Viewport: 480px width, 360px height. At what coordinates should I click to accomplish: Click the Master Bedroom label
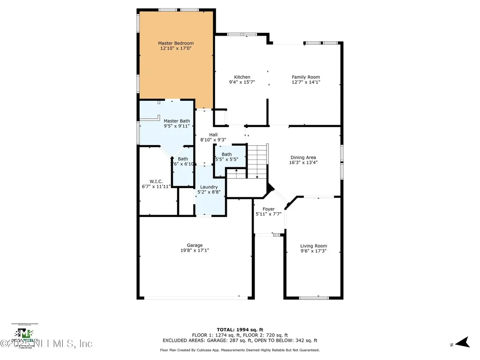click(x=176, y=43)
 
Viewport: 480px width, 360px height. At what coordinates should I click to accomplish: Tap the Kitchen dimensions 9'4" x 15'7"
click(x=242, y=82)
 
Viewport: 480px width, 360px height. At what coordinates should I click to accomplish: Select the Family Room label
click(x=306, y=77)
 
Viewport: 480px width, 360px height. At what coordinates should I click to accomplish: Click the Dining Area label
click(x=303, y=157)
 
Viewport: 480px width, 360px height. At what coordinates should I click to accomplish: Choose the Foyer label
click(x=269, y=209)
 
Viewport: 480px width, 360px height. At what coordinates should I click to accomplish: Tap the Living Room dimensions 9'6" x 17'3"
click(x=314, y=251)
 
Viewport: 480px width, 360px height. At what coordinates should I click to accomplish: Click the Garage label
click(x=195, y=245)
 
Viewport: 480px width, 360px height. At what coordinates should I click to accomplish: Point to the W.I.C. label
click(x=156, y=181)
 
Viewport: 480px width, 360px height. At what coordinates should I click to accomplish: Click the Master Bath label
click(x=177, y=121)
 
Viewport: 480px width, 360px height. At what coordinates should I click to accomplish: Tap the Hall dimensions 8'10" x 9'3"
click(x=213, y=140)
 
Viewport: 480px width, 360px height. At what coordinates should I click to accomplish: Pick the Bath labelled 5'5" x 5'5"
click(x=226, y=154)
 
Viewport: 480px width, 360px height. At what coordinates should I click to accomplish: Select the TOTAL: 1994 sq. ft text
click(x=240, y=330)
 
